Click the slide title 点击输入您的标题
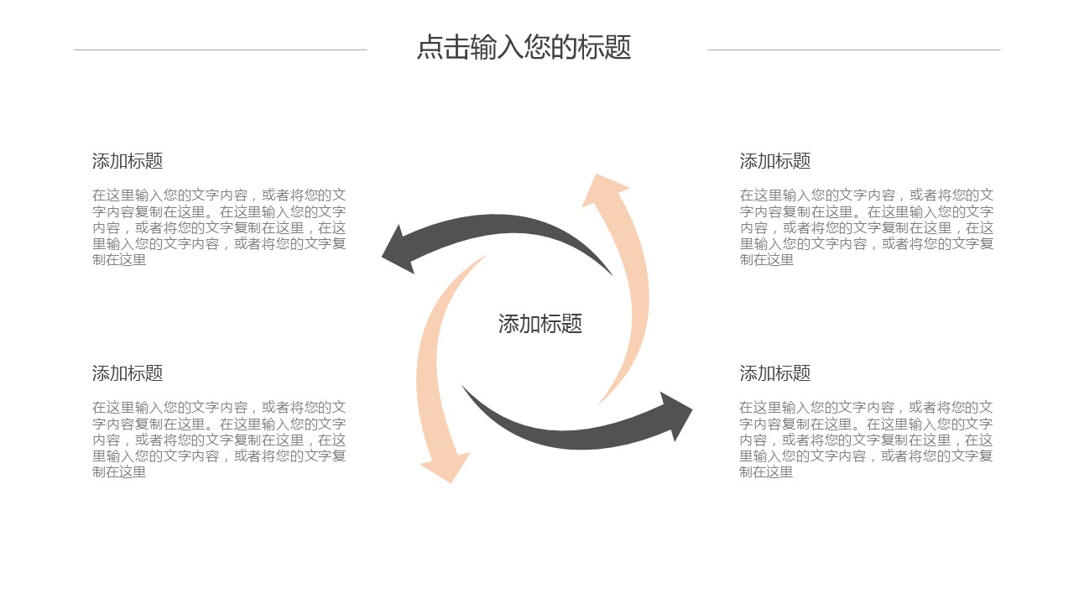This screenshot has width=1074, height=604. (524, 48)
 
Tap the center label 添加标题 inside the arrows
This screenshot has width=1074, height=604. (540, 324)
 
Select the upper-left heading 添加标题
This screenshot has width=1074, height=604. (128, 161)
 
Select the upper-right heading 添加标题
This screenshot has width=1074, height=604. (775, 161)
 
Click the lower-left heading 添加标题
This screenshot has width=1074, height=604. (128, 373)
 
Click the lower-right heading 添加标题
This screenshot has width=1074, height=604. (775, 373)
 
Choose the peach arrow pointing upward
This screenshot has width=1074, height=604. (633, 277)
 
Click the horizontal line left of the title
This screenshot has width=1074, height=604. (220, 49)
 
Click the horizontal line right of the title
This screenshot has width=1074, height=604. (853, 49)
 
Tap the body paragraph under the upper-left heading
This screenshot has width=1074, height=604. (219, 227)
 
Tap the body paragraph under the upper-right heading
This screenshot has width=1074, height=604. (867, 227)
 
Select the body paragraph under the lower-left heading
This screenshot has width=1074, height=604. (219, 440)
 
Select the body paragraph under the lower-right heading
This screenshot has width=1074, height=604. (867, 440)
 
